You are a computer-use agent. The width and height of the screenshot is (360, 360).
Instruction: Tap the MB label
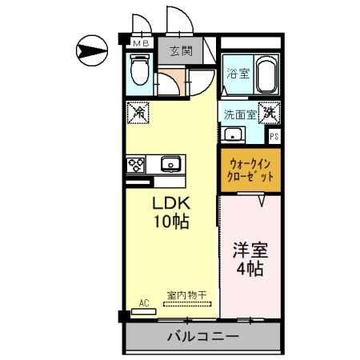coord(141,44)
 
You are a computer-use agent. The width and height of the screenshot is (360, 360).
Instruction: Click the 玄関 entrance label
coord(181,51)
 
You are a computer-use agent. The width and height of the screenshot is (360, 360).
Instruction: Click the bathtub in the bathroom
coord(267,77)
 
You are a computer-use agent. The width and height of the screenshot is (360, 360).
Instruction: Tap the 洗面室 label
coord(240,114)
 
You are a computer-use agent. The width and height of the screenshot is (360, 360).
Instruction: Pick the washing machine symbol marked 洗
coord(271,113)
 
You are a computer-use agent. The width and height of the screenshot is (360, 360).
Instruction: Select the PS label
coord(274,136)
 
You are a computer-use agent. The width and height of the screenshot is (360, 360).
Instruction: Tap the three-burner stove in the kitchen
coord(136,165)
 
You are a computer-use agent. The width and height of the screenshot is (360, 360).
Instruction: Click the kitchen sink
coord(170,165)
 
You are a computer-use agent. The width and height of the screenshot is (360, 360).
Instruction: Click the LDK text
coord(171,203)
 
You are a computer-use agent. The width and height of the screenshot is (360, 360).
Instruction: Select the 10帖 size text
coord(171,222)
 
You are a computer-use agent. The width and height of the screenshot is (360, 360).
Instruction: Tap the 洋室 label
coord(250,250)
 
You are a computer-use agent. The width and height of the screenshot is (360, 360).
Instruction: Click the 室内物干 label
coord(186,295)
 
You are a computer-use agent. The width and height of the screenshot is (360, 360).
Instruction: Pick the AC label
coord(144,302)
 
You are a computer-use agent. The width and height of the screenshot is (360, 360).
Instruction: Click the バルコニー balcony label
coord(202,337)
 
